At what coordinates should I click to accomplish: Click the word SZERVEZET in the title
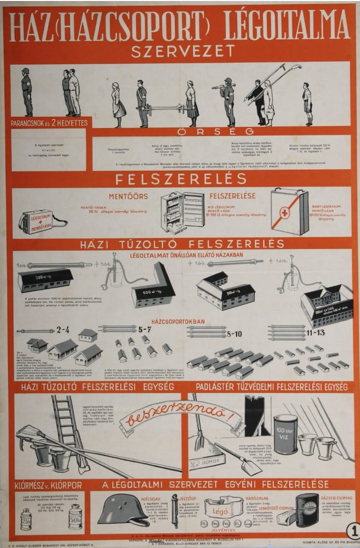tap(183, 51)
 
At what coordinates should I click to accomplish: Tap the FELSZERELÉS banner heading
tap(181, 178)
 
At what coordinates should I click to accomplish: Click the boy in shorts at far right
tap(307, 104)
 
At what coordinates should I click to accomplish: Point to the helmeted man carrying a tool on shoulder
tap(229, 101)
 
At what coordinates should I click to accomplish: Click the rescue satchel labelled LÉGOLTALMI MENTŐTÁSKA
tap(41, 221)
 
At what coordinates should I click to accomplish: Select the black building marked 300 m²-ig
tap(46, 279)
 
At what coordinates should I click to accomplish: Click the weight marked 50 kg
tap(75, 517)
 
